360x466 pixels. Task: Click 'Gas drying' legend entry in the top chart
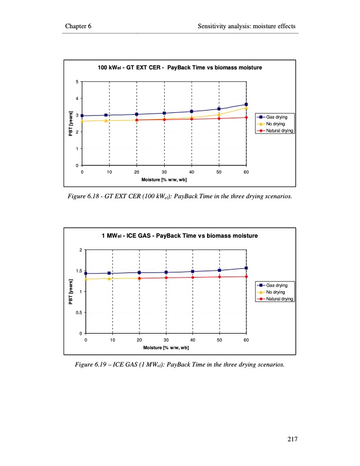point(276,118)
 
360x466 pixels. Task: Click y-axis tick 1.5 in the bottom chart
point(79,271)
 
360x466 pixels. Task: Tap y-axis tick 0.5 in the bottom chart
point(79,313)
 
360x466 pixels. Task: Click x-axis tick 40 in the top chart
point(192,172)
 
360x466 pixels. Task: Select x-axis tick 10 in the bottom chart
point(112,340)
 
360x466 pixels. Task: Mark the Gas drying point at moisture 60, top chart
point(246,105)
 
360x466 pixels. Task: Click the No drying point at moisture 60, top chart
point(246,108)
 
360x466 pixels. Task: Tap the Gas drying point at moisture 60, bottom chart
point(246,268)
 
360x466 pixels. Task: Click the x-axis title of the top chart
point(164,179)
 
